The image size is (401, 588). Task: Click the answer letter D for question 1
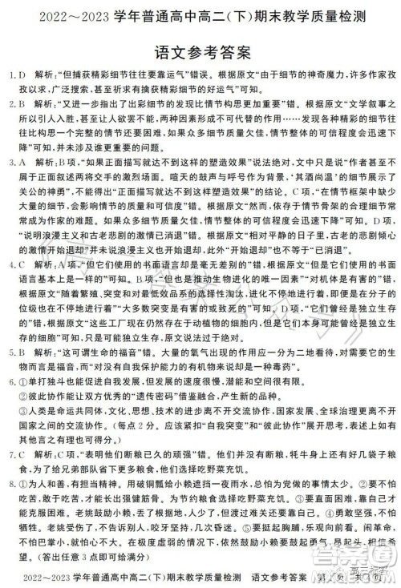pyautogui.click(x=24, y=76)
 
